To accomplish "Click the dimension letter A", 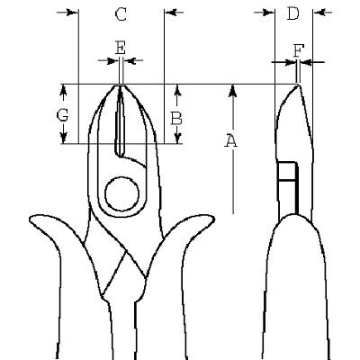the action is coord(230,141).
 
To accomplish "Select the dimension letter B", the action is coord(176,118).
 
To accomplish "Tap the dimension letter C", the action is coord(121,14).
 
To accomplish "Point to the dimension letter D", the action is coord(293,13).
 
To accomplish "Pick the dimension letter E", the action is coord(121,48).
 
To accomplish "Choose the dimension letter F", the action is coord(298,50).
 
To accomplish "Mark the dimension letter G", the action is coord(62,115).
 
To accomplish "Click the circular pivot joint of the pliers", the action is coord(121,194).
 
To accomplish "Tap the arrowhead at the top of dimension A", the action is coord(233,91).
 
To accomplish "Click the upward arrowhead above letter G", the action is coord(63,91).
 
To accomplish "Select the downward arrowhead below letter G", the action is coord(63,138).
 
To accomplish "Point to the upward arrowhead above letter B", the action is coord(177,91).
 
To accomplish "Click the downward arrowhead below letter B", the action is coord(177,138).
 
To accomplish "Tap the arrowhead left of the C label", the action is coord(72,13).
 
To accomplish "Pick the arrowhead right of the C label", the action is coord(170,13).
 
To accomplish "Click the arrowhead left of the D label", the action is coord(268,13).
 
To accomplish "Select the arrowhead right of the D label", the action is coord(319,13).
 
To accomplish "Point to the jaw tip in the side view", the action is coord(298,85).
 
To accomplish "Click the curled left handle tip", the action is coord(31,220).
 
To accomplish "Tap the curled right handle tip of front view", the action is coord(211,220).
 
